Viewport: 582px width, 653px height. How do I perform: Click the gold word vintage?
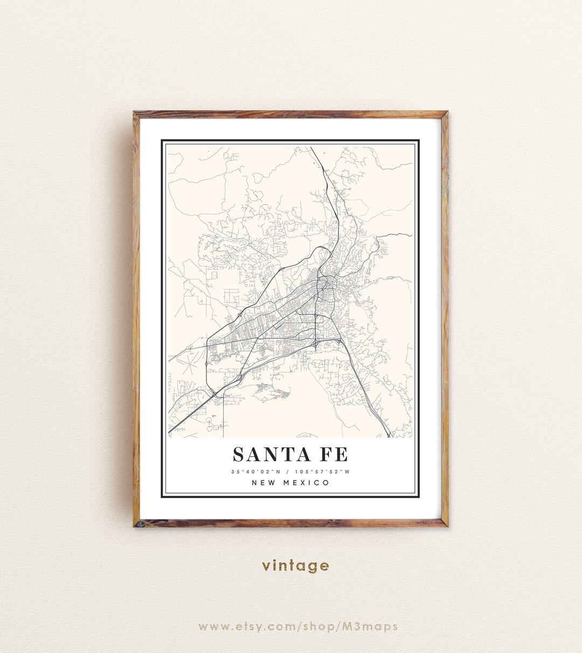point(295,566)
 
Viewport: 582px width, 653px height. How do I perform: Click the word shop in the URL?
point(320,626)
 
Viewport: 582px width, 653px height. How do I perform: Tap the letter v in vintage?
point(266,566)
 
